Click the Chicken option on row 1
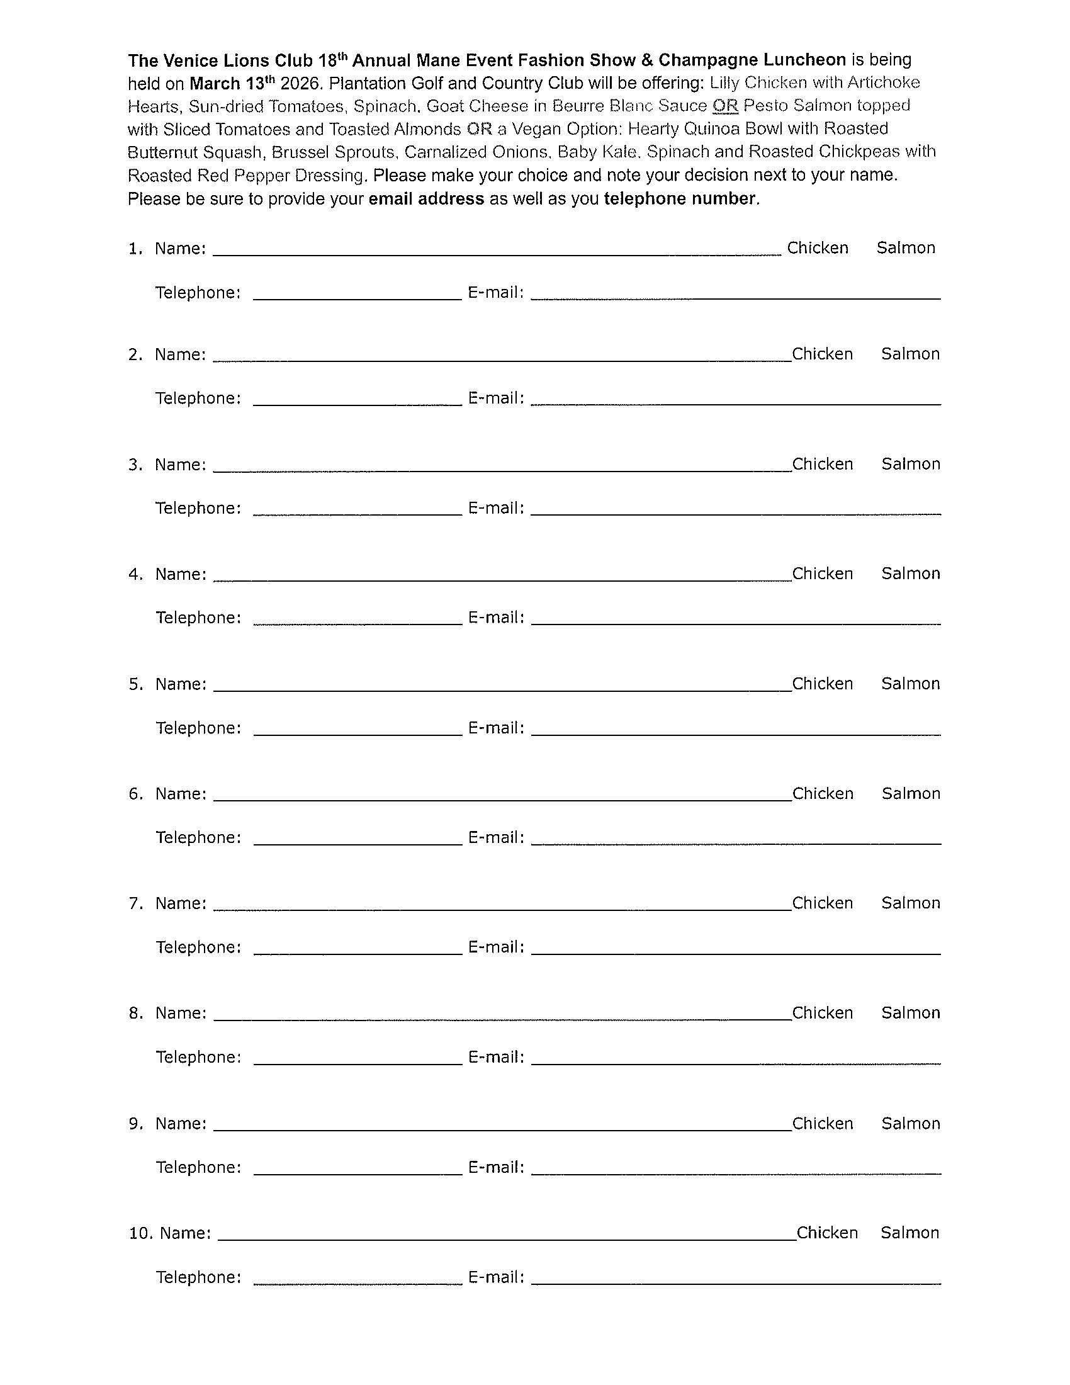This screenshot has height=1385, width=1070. [817, 248]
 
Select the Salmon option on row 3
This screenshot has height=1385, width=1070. [910, 464]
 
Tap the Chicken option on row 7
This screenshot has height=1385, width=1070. [822, 903]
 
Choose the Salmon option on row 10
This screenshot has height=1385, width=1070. [909, 1233]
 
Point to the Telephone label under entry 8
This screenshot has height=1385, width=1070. [198, 1057]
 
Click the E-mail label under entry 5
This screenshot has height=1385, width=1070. [496, 728]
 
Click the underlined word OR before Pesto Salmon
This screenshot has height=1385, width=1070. [725, 106]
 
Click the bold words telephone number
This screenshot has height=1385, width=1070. [680, 199]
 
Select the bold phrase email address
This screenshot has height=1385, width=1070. [426, 199]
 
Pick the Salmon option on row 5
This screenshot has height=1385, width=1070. [910, 684]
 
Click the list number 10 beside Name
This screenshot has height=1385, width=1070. [141, 1233]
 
